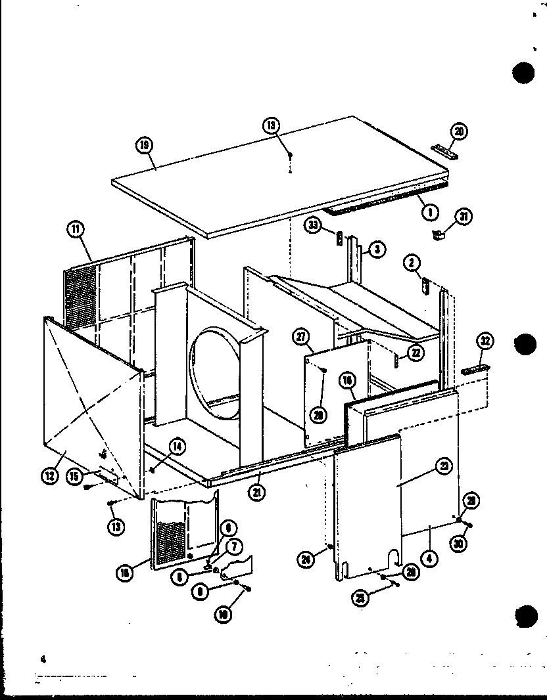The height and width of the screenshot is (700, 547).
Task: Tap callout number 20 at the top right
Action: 458,131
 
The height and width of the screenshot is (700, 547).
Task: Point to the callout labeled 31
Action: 464,216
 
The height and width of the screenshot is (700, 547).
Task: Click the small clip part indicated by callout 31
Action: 440,232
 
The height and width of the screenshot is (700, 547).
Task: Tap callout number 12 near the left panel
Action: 49,476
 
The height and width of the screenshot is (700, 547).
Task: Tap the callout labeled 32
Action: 485,341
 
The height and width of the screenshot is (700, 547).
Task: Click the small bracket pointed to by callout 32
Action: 472,371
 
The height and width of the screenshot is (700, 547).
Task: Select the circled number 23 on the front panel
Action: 443,468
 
